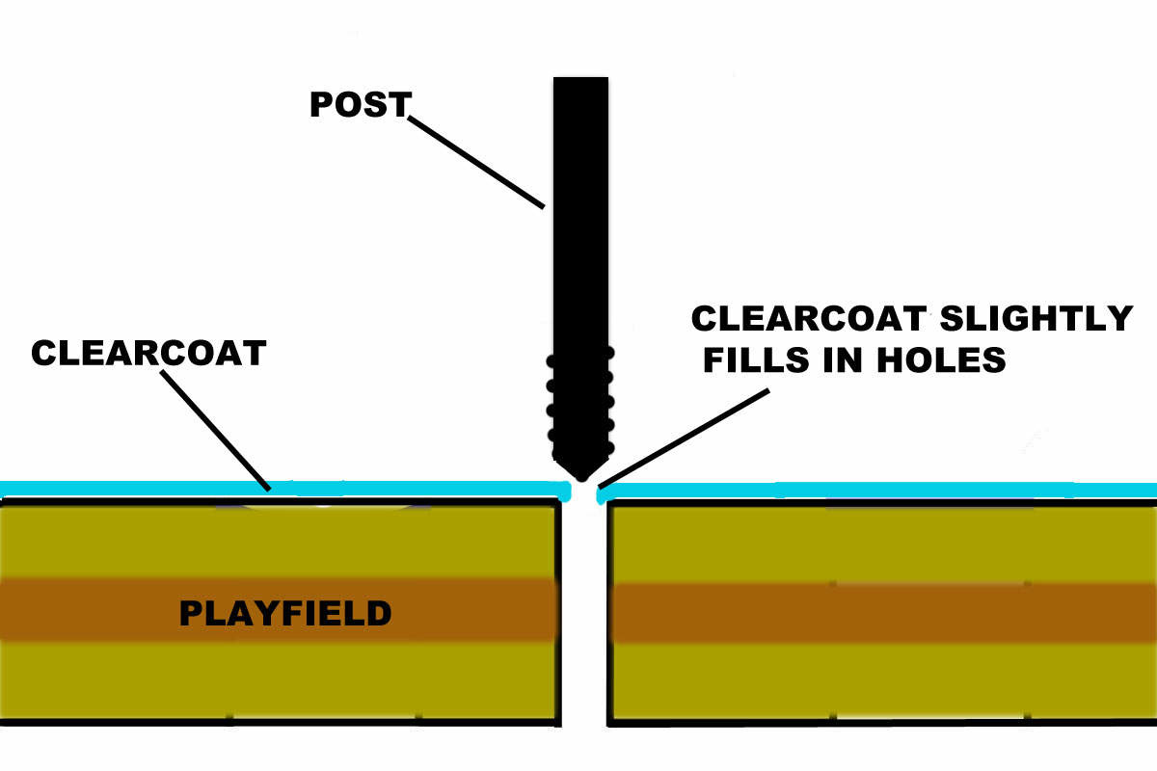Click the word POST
pyautogui.click(x=360, y=104)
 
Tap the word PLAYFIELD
pyautogui.click(x=285, y=613)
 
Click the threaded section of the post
pyautogui.click(x=580, y=405)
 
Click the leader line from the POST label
pyautogui.click(x=477, y=162)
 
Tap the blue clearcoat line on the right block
pyautogui.click(x=868, y=491)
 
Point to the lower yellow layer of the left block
pyautogui.click(x=280, y=680)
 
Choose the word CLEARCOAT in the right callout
pyautogui.click(x=809, y=318)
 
